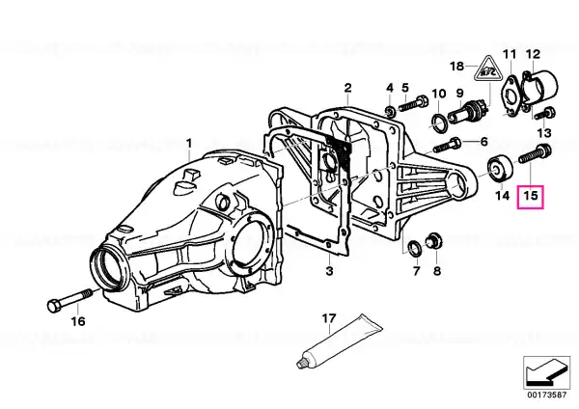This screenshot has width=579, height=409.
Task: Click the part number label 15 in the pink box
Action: pos(530,195)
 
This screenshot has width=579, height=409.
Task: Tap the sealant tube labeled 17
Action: pos(340,341)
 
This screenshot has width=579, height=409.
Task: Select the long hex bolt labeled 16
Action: pos(69,299)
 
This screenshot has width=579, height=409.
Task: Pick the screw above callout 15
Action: pos(535,153)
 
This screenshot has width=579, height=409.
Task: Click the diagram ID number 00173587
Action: pos(546,395)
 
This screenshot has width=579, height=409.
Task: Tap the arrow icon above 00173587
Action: pos(546,372)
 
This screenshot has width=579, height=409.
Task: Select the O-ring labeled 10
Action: pos(439,123)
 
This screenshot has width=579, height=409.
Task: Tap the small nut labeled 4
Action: pos(390,110)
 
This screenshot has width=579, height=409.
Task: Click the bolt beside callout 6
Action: pos(446,145)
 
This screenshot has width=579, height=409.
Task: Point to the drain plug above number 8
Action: pos(433,240)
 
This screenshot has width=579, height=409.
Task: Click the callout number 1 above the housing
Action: pos(189,143)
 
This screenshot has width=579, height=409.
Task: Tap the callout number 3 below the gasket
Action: pos(329,270)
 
